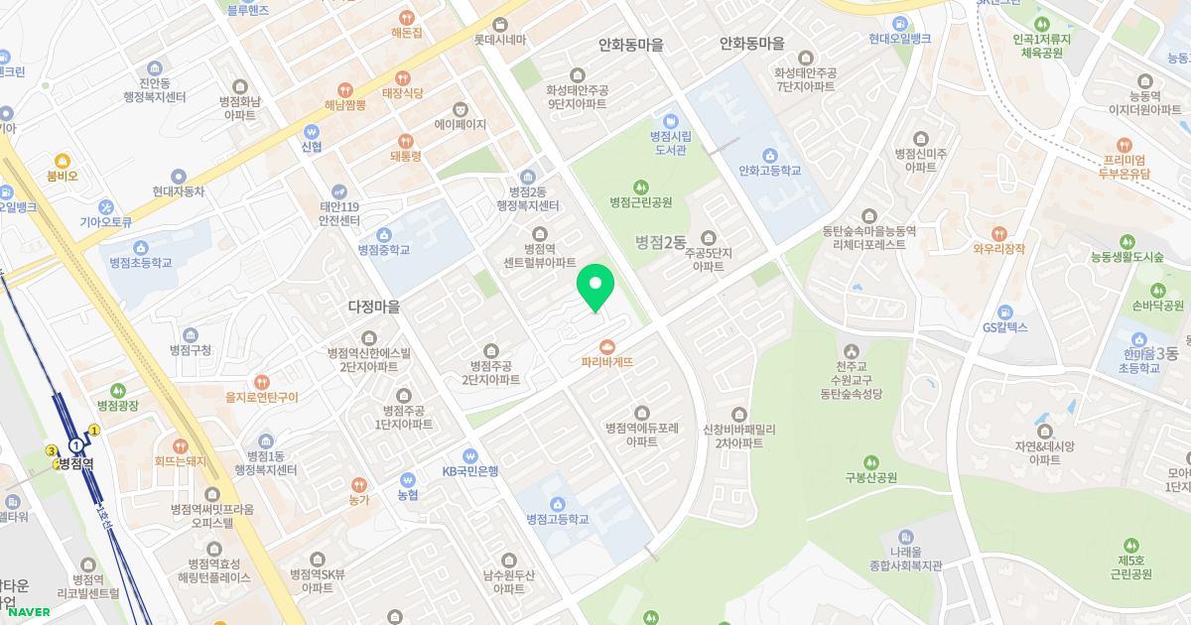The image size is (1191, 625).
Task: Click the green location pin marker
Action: [x=595, y=288]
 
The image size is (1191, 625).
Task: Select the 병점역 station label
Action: [x=75, y=463]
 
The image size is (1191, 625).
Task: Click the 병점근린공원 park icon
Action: [x=640, y=186]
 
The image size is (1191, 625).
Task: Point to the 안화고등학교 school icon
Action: [x=769, y=154]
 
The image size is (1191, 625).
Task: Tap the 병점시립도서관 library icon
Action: [x=670, y=121]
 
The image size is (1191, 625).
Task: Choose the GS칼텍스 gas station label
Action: [x=1004, y=327]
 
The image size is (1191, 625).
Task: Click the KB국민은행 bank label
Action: [x=470, y=470]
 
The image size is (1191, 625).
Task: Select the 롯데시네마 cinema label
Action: [x=499, y=41]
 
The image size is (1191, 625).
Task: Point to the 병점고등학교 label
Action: [x=557, y=519]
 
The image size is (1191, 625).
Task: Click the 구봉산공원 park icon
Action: [x=870, y=461]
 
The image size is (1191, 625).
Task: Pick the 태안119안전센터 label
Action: [x=338, y=213]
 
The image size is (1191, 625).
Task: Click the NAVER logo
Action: [x=27, y=612]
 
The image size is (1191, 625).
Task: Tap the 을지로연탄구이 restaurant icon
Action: [x=261, y=381]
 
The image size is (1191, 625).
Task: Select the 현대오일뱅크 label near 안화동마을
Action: [x=899, y=39]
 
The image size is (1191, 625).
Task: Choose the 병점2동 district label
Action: [x=661, y=242]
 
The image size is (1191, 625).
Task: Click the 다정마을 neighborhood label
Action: [x=374, y=308]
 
